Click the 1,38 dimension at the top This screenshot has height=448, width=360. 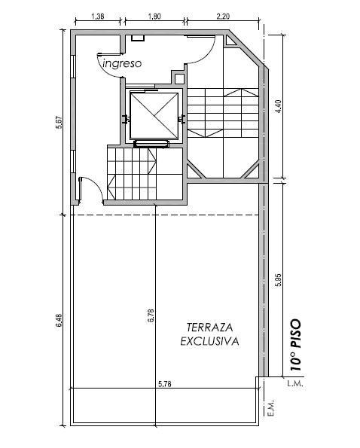tap(98, 17)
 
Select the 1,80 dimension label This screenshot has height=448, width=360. tap(154, 17)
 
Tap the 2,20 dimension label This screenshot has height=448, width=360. tap(223, 17)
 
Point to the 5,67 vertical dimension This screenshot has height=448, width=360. tap(59, 122)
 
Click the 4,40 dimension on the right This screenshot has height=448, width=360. tap(279, 106)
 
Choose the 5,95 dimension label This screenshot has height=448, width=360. tap(279, 280)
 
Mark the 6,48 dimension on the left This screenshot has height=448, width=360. tap(59, 321)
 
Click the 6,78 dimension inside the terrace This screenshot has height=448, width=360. tap(151, 315)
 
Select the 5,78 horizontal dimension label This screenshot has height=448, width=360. tap(165, 384)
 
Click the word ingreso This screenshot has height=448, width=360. tap(122, 63)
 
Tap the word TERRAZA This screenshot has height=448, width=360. tap(209, 328)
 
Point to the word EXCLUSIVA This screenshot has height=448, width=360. tap(209, 341)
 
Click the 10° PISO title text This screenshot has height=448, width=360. tap(296, 345)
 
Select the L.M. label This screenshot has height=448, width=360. tap(295, 384)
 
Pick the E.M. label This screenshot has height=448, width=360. tap(272, 407)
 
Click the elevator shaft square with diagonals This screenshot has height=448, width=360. tap(154, 115)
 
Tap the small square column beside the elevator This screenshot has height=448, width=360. tap(179, 78)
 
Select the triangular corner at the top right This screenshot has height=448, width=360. tap(230, 41)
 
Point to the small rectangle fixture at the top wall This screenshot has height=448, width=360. tap(138, 38)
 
